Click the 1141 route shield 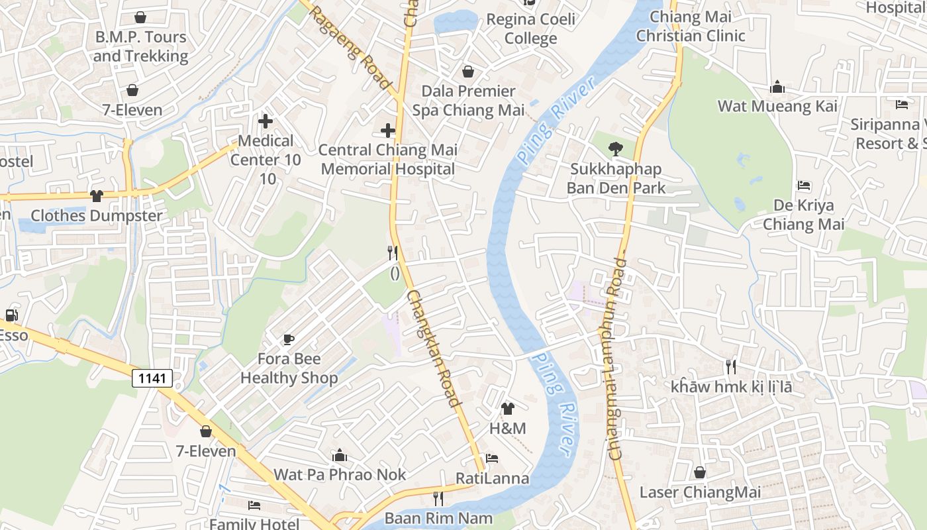pyautogui.click(x=152, y=378)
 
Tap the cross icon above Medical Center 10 pyautogui.click(x=266, y=121)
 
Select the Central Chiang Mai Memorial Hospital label pyautogui.click(x=388, y=160)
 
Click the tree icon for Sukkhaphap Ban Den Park pyautogui.click(x=615, y=149)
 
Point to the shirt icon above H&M pyautogui.click(x=508, y=408)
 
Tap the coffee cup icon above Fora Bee pyautogui.click(x=289, y=339)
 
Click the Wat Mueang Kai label pyautogui.click(x=777, y=106)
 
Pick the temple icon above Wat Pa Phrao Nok pyautogui.click(x=340, y=455)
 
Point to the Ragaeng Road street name pyautogui.click(x=350, y=48)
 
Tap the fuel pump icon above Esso pyautogui.click(x=11, y=315)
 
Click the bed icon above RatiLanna pyautogui.click(x=492, y=458)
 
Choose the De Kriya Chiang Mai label pyautogui.click(x=803, y=215)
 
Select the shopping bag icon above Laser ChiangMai pyautogui.click(x=699, y=472)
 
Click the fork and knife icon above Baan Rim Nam pyautogui.click(x=438, y=498)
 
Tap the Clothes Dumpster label pyautogui.click(x=97, y=216)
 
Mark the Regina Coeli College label pyautogui.click(x=530, y=28)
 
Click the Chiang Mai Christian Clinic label pyautogui.click(x=691, y=26)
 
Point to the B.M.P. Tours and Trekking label pyautogui.click(x=140, y=46)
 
